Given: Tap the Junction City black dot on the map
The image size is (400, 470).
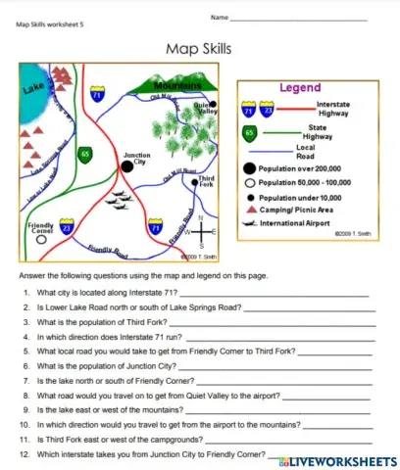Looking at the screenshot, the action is point(126,167).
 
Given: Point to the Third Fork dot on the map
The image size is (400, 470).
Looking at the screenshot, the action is point(194,180).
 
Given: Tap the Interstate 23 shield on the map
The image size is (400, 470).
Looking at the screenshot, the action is point(67,229).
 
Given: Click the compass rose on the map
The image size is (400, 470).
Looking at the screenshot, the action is point(201,233).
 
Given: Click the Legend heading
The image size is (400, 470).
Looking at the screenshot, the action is point(300,88).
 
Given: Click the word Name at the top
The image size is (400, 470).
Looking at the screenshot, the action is point(219,18).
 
